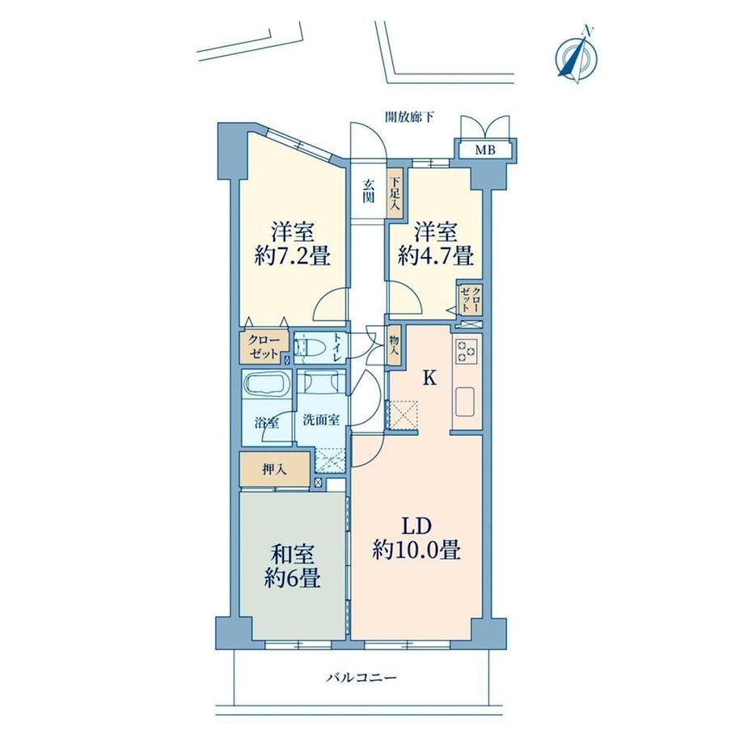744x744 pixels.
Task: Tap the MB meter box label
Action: click(x=485, y=150)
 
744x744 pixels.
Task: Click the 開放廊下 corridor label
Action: click(x=408, y=117)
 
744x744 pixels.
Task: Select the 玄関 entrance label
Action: click(x=368, y=191)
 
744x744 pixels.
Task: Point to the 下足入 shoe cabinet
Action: click(x=395, y=193)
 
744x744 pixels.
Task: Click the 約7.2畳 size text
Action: click(x=292, y=257)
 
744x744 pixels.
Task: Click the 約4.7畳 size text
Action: click(x=436, y=257)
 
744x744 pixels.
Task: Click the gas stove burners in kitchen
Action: click(x=466, y=352)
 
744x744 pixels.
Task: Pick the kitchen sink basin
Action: click(x=466, y=402)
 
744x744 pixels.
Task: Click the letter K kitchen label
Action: click(x=429, y=378)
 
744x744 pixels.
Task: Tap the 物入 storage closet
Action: click(x=395, y=345)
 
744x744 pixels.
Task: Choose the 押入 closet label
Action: click(x=275, y=470)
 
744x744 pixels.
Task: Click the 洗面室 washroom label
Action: click(x=321, y=420)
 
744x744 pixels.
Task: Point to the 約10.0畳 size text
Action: click(x=416, y=551)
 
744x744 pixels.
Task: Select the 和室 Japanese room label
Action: click(x=292, y=555)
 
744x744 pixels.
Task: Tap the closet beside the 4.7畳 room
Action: click(x=470, y=299)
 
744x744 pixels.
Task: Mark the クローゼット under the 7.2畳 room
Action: click(x=264, y=347)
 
